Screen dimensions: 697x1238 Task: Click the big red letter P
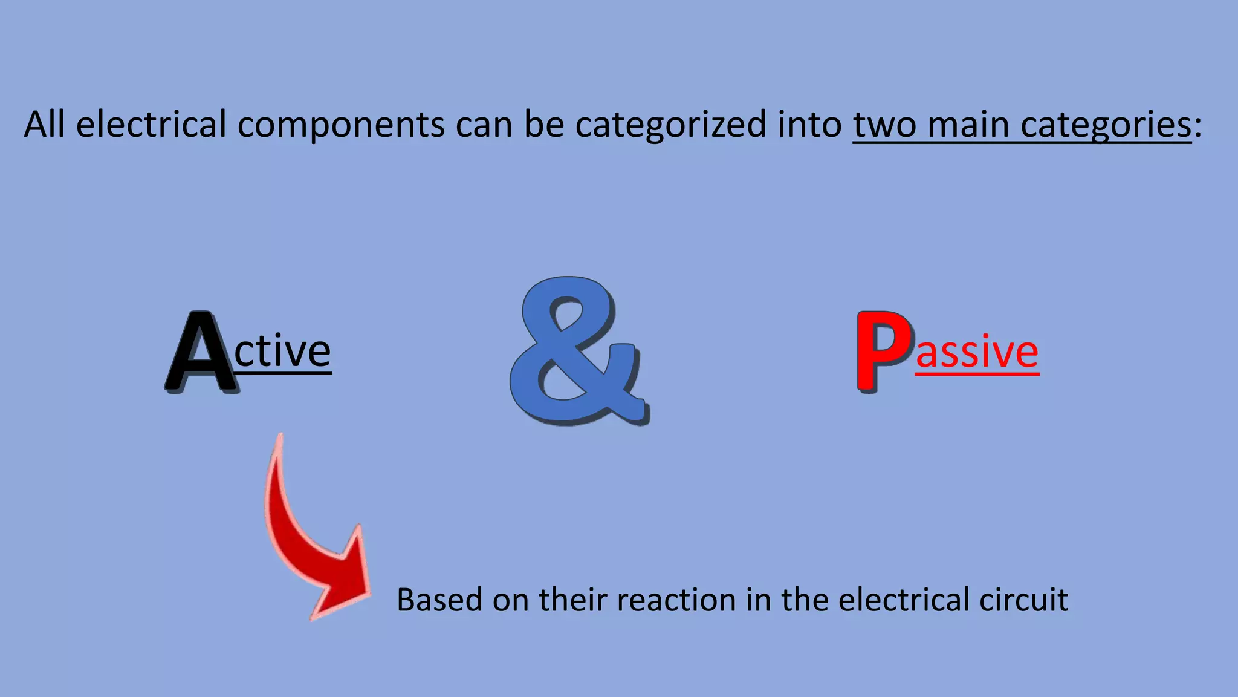883,351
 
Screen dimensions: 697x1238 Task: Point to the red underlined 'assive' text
977,352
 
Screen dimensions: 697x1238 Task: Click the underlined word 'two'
885,125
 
